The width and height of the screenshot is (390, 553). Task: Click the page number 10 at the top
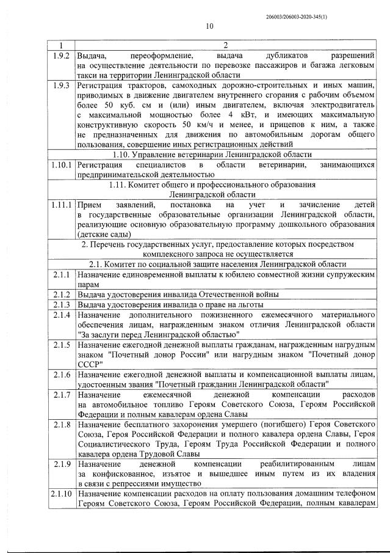(x=209, y=26)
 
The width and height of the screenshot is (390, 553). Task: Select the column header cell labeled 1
(x=60, y=45)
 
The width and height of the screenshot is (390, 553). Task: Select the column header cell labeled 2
(x=225, y=45)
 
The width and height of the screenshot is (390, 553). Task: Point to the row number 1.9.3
(x=60, y=86)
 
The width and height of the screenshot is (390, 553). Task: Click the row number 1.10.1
(x=60, y=166)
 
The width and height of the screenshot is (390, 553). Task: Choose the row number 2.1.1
(x=60, y=275)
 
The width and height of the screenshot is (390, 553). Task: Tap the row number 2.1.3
(x=60, y=304)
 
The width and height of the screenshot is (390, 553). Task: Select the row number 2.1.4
(x=60, y=315)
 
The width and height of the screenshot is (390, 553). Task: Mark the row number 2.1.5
(x=60, y=344)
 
